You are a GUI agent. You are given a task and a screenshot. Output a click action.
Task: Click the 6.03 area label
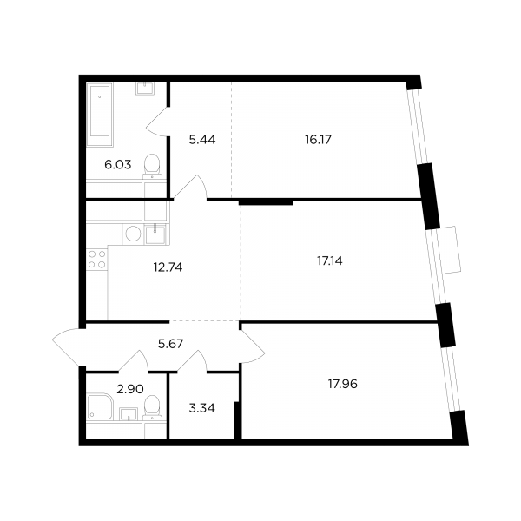click(118, 165)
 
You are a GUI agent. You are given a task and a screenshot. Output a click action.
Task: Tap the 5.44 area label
click(202, 140)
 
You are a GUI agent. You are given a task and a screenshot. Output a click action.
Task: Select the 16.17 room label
click(318, 140)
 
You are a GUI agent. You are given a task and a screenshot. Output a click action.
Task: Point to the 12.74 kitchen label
click(168, 267)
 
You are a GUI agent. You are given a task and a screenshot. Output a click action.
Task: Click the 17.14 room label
click(330, 260)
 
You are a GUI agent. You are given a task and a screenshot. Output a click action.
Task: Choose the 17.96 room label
click(343, 384)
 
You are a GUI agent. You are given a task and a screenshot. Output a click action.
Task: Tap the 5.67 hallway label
click(171, 344)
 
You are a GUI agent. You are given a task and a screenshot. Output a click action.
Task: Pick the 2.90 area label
click(130, 389)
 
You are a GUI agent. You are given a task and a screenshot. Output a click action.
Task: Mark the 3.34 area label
click(202, 408)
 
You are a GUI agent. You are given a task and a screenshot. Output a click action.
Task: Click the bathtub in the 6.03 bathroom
click(100, 115)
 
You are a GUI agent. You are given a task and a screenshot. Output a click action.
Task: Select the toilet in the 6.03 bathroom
click(153, 167)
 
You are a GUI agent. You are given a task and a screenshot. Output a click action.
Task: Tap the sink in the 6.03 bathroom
click(145, 89)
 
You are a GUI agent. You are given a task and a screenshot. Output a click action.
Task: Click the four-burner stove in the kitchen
click(97, 260)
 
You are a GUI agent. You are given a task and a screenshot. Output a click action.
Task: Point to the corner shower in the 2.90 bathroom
click(100, 406)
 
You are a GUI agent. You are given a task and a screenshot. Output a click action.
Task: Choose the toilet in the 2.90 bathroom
click(153, 407)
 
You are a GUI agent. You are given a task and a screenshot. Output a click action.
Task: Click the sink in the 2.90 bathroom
click(129, 414)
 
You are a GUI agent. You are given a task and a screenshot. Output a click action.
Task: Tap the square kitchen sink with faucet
click(155, 234)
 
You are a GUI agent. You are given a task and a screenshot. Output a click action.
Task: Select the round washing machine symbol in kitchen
click(133, 234)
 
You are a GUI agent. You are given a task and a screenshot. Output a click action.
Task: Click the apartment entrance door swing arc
click(67, 346)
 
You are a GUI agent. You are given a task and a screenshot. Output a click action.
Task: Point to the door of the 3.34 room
click(193, 360)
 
